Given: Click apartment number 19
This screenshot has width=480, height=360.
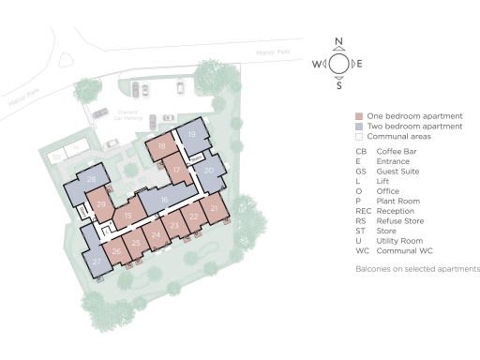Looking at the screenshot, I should (x=192, y=135).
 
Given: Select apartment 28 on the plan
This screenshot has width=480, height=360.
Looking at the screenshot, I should (x=92, y=179).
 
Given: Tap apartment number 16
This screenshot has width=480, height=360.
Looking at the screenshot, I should (x=165, y=200).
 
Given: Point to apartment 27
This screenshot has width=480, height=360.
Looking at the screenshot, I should (x=97, y=262).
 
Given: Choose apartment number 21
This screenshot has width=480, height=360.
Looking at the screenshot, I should (x=215, y=208).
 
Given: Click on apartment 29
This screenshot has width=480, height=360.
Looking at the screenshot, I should (x=101, y=205).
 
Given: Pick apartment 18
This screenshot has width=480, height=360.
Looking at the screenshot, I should (x=162, y=146).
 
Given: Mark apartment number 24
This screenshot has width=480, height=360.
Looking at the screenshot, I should (x=156, y=234).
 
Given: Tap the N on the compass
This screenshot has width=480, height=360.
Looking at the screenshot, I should (x=339, y=43).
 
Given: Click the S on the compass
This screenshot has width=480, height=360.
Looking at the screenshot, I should (x=339, y=85).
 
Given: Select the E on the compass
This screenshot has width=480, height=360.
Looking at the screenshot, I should (x=360, y=64).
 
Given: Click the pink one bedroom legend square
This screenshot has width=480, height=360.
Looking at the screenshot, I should (x=359, y=115).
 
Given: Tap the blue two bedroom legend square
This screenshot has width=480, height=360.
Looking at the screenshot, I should (x=359, y=127).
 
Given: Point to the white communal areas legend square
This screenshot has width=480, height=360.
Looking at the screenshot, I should (x=359, y=137).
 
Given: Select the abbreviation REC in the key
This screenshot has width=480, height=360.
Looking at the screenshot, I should (x=363, y=212).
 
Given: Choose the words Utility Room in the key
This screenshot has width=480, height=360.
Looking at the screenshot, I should (x=399, y=242).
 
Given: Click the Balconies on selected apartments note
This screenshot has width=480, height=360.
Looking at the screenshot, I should (x=417, y=269).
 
